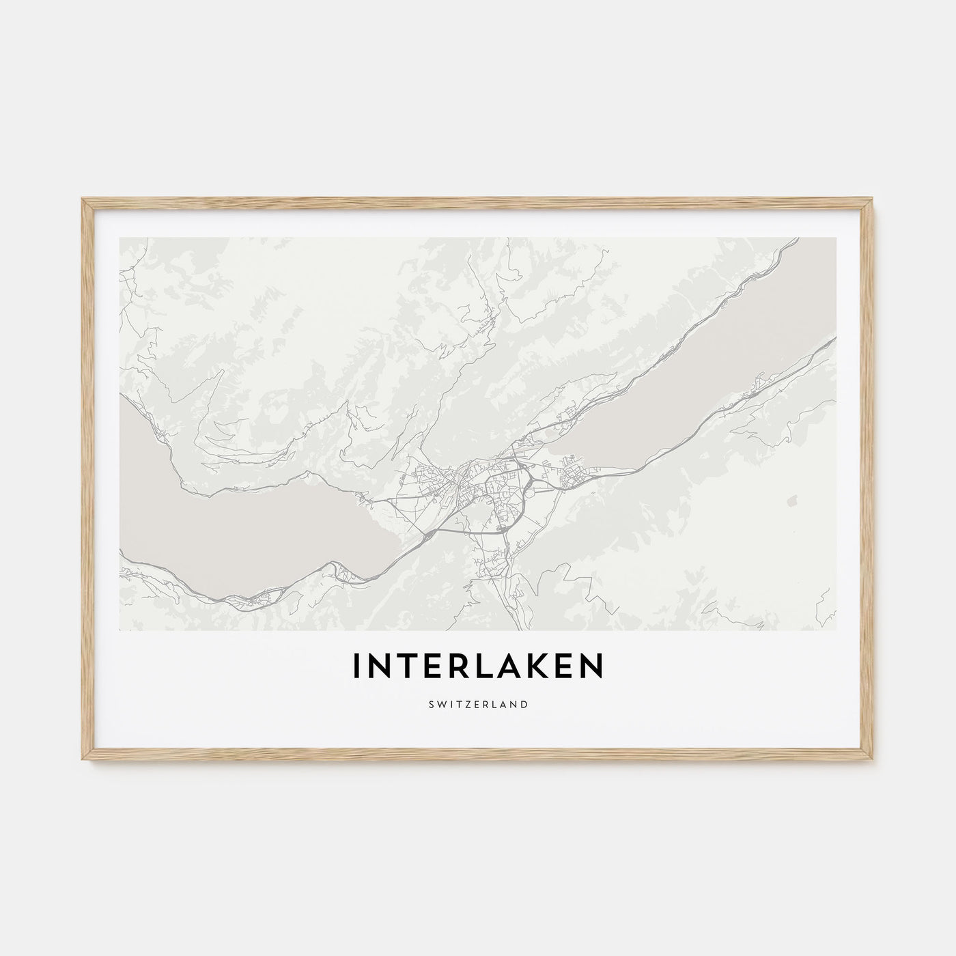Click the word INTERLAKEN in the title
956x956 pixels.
pyautogui.click(x=478, y=667)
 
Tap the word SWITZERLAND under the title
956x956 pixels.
pyautogui.click(x=478, y=703)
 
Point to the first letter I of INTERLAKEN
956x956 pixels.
pyautogui.click(x=356, y=667)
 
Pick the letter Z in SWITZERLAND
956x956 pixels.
pyautogui.click(x=462, y=703)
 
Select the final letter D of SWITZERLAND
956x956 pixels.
pyautogui.click(x=524, y=703)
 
